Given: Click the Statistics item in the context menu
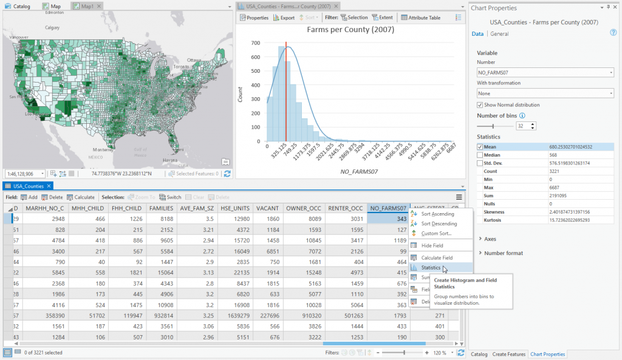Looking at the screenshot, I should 431,267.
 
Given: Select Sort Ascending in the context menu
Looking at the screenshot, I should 437,214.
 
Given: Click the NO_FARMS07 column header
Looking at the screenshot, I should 388,208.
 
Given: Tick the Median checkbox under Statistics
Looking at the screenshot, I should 480,155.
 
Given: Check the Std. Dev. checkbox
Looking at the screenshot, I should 480,163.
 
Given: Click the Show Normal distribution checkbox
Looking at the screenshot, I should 480,105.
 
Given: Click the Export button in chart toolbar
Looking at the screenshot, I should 284,18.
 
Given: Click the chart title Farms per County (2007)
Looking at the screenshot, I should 350,29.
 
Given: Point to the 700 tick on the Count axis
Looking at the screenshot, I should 257,43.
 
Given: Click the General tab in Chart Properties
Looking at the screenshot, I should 499,34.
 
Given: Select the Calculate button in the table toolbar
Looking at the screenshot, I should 81,197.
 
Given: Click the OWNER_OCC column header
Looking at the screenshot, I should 304,208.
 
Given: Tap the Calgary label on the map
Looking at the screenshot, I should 52,27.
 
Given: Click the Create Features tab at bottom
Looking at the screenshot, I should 508,354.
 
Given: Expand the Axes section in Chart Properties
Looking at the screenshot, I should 490,239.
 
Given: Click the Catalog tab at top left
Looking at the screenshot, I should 18,5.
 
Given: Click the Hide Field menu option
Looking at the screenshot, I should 432,245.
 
